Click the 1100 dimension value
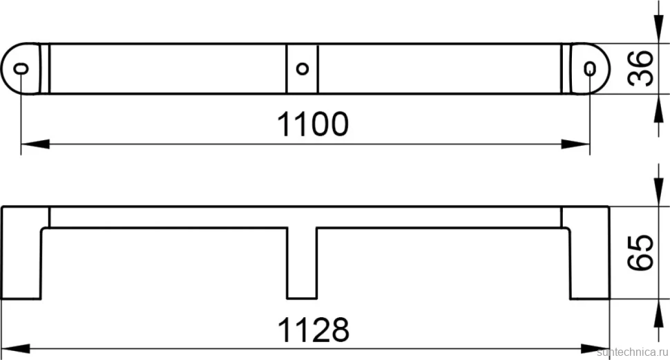(313, 124)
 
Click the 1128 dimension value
(313, 330)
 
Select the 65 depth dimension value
(641, 252)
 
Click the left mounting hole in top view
(21, 68)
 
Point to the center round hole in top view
(302, 68)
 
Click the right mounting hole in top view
(590, 68)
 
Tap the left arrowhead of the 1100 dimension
(35, 144)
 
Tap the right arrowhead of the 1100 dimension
(575, 144)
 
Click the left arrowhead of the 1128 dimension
(16, 348)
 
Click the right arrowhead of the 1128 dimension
(595, 348)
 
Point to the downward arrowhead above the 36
(658, 29)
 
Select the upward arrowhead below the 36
(658, 108)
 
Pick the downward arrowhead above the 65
(658, 192)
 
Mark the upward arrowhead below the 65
(658, 314)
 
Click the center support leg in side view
(302, 263)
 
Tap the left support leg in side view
(21, 253)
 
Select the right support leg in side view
(590, 253)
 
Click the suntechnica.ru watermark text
(633, 352)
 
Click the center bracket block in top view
(302, 68)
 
